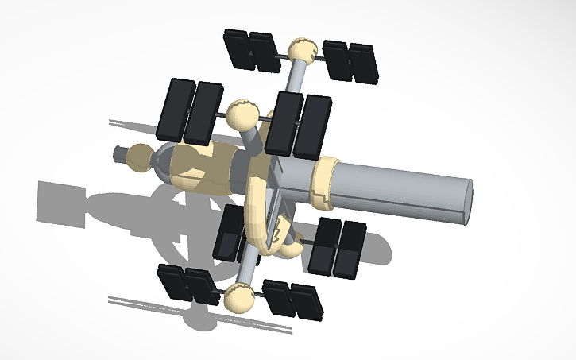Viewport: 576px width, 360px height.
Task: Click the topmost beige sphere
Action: (x=302, y=52)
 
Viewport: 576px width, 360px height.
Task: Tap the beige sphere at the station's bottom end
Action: (x=239, y=297)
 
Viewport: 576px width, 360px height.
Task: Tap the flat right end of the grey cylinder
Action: (x=469, y=203)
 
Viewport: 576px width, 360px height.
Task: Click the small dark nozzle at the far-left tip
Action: (x=120, y=154)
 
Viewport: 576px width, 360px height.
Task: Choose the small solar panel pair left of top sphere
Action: (x=250, y=51)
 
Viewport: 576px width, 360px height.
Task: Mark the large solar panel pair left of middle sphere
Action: (x=191, y=111)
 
